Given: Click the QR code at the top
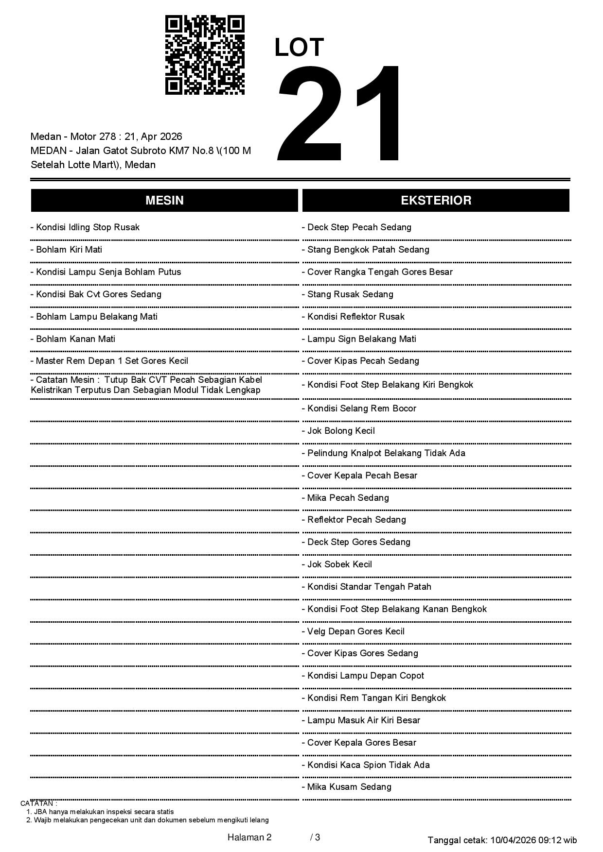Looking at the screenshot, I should point(205,55).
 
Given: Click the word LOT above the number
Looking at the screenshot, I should point(299,48).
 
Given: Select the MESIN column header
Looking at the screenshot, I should point(164,201).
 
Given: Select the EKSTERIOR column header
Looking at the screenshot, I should point(436,201).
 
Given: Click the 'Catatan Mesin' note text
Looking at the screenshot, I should point(146,385).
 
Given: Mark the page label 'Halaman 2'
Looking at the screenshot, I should point(249,837).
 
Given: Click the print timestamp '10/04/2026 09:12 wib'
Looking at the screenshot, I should point(533,840).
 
